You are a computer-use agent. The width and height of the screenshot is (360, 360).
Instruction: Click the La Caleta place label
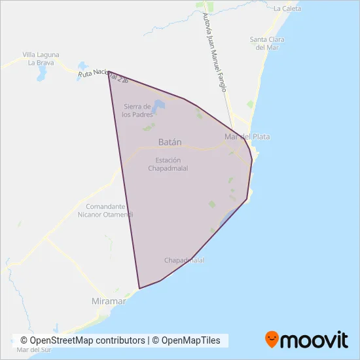pos(287,9)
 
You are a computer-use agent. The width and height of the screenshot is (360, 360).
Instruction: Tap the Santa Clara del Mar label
pos(267,43)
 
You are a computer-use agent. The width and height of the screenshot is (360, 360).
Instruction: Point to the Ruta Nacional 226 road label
pos(101,75)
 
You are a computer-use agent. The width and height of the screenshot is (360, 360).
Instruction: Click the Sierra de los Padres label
pos(137,110)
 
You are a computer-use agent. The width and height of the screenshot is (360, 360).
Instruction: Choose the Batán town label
pos(170,141)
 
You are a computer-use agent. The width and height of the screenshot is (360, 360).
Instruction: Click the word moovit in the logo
pos(314,340)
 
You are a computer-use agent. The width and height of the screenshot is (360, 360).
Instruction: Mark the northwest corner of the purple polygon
pos(108,72)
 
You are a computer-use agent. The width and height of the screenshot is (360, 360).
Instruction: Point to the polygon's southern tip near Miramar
pos(139,288)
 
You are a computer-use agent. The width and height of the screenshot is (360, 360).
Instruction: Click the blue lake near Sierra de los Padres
pos(158,105)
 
